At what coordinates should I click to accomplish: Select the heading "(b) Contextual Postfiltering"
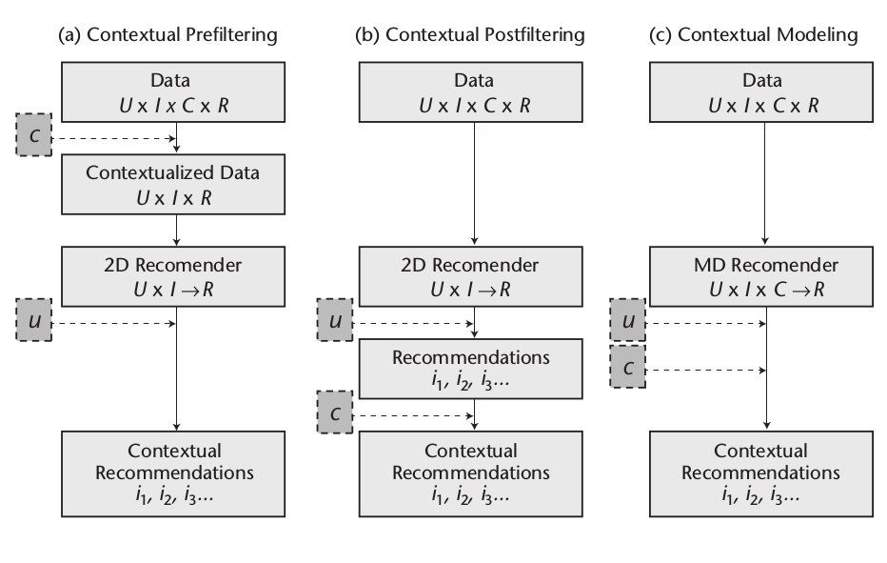pos(470,35)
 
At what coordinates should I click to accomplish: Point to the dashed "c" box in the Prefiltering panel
pos(35,137)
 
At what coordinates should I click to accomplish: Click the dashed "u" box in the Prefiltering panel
pos(35,324)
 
